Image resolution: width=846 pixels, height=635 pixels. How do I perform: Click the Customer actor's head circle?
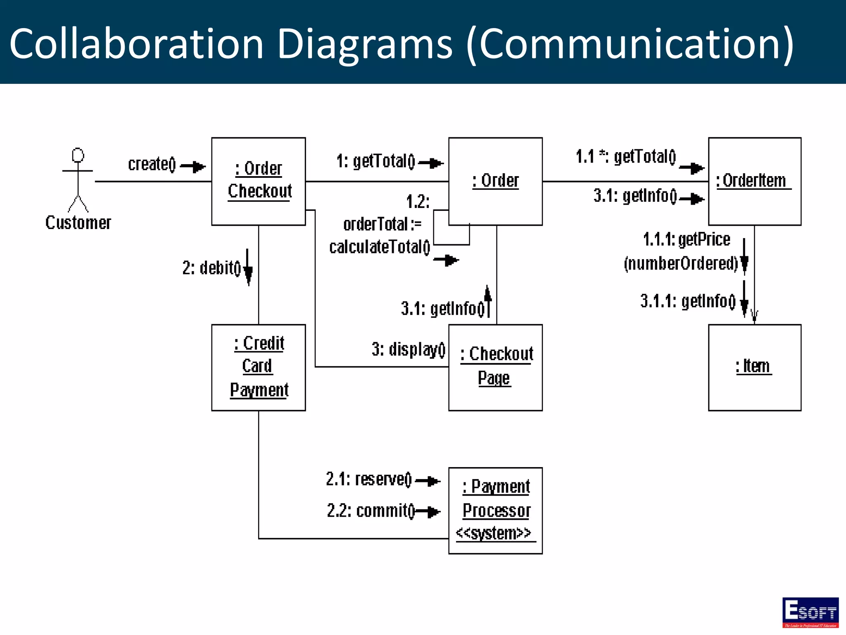78,155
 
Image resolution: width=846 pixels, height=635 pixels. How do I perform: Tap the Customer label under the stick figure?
78,223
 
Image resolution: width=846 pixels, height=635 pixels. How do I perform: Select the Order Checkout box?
259,181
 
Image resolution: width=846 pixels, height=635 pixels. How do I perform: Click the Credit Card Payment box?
259,367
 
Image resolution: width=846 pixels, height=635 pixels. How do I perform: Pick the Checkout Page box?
495,367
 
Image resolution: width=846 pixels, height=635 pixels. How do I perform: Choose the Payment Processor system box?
495,511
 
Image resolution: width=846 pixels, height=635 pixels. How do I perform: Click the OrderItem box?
754,181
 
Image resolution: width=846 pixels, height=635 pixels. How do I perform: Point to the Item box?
754,367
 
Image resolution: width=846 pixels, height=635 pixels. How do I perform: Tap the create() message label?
152,164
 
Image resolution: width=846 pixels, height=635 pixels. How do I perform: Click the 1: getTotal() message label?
375,161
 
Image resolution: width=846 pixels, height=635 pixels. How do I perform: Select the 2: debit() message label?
211,268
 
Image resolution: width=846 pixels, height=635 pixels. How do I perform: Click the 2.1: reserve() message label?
369,479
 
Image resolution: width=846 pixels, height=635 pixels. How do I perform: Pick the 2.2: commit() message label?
371,511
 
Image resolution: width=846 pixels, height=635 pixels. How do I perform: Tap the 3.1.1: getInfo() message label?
688,301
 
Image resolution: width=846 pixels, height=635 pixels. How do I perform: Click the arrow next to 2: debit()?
248,268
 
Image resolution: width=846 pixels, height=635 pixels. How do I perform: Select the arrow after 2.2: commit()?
429,512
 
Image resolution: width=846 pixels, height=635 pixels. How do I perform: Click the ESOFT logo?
810,612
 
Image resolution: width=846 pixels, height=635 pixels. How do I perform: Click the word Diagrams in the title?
365,44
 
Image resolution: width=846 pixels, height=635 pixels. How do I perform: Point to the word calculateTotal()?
380,247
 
